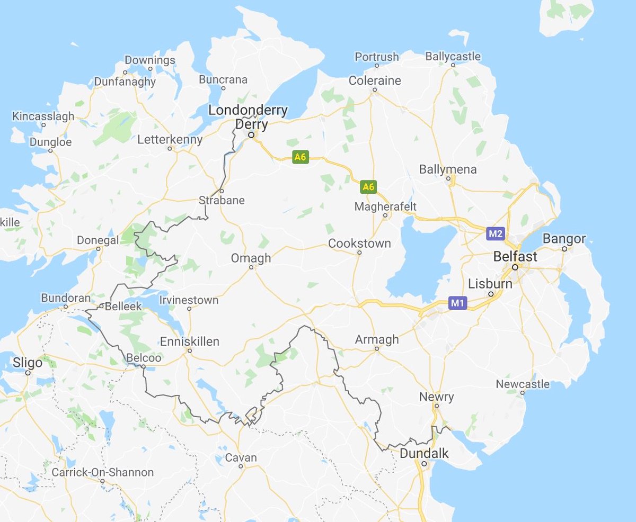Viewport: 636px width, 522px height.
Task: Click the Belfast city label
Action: tap(515, 257)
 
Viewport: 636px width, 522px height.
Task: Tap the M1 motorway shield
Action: tap(457, 303)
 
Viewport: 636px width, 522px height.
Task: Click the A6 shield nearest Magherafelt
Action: tap(368, 186)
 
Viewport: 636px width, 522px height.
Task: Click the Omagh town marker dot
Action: tap(252, 267)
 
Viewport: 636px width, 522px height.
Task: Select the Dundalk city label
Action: tap(424, 454)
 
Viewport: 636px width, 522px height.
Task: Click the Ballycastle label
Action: tap(453, 56)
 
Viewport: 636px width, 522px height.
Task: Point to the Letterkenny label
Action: tap(170, 140)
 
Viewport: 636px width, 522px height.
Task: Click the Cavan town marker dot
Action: tap(241, 466)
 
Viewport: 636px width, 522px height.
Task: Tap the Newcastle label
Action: tap(523, 384)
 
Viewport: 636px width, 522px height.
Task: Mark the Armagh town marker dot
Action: tap(377, 349)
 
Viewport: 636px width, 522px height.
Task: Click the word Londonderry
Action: tap(248, 111)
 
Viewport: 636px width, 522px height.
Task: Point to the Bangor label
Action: tap(564, 239)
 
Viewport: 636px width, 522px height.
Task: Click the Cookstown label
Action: tap(359, 244)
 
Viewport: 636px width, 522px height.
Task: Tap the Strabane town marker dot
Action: tap(222, 191)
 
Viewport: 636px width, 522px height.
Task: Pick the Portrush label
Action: tap(376, 57)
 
